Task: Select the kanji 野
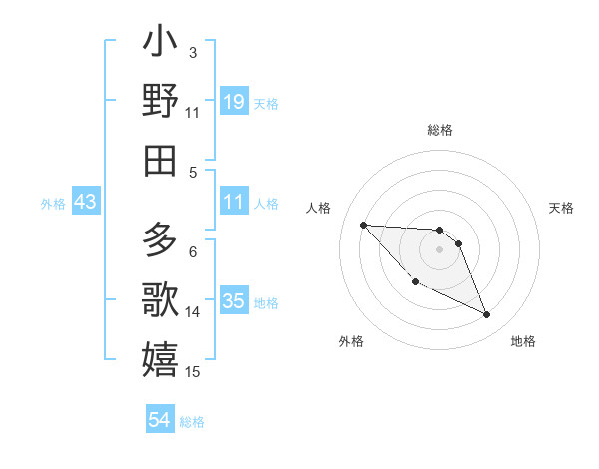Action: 161,101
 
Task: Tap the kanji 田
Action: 161,160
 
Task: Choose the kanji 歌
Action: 161,299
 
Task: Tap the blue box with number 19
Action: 233,101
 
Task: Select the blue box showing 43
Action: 86,202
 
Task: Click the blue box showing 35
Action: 233,301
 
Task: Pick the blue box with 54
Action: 160,420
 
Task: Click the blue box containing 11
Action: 233,202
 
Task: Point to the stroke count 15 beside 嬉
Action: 193,372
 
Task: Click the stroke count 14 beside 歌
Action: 193,312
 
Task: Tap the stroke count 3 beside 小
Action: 193,52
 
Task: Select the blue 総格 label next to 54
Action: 192,422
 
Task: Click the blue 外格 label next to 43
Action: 53,204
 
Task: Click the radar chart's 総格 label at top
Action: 440,130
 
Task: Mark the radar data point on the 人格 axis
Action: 363,225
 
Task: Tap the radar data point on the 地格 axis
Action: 487,315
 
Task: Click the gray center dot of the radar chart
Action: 439,249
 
